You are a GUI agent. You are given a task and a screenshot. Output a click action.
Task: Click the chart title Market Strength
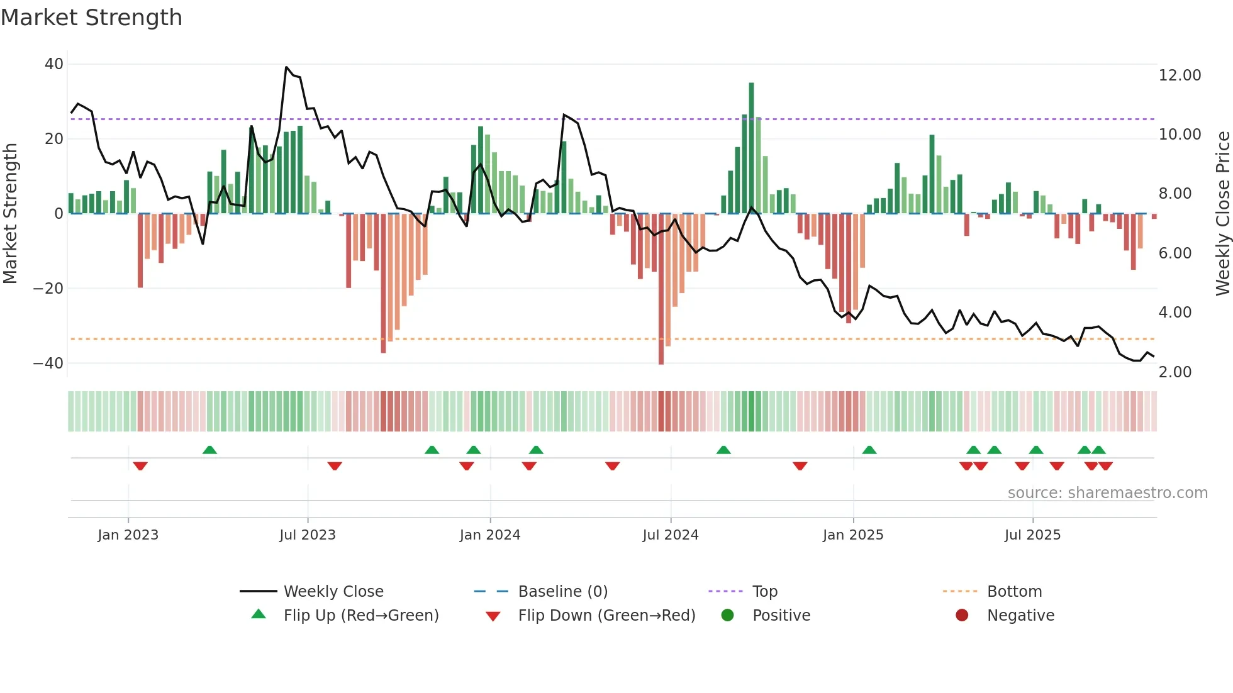[91, 18]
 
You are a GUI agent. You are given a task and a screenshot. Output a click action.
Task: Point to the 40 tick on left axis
[54, 64]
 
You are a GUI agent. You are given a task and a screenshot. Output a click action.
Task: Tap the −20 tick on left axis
[48, 289]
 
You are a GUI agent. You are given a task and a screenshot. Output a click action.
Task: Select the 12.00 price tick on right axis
[1180, 75]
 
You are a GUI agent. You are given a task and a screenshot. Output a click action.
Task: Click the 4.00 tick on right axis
[1174, 313]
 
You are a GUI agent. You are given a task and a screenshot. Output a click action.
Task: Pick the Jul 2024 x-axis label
[670, 535]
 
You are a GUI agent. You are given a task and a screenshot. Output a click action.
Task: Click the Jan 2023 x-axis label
[128, 535]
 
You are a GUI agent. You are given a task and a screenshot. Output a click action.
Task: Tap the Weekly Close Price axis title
[1222, 214]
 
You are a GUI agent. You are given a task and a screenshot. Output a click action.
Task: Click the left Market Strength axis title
[11, 214]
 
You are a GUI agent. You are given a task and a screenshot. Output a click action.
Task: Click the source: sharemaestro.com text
[1107, 493]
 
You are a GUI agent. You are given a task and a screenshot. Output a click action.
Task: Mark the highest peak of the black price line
[286, 67]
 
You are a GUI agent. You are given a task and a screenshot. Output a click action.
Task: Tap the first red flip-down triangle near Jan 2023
[140, 466]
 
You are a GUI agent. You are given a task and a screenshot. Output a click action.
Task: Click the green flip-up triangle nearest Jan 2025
[869, 450]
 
